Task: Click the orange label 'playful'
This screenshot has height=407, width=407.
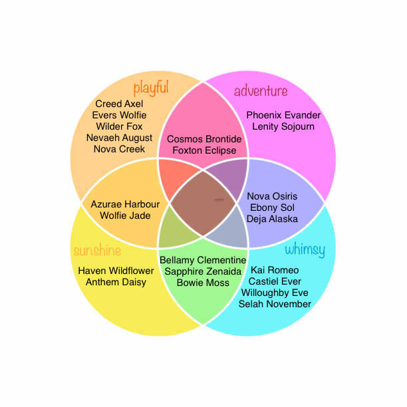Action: pyautogui.click(x=151, y=88)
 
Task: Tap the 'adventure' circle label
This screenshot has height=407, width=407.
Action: pyautogui.click(x=261, y=91)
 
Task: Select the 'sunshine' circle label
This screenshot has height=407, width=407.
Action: pyautogui.click(x=98, y=250)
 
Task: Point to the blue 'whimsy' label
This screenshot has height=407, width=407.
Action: pyautogui.click(x=305, y=249)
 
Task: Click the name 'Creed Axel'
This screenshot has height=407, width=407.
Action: pyautogui.click(x=119, y=104)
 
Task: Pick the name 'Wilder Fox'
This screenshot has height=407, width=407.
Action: pyautogui.click(x=119, y=126)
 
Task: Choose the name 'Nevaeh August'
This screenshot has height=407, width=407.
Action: pyautogui.click(x=119, y=138)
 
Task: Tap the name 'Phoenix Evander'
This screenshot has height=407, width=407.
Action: pyautogui.click(x=283, y=115)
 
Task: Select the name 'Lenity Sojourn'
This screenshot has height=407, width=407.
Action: pyautogui.click(x=283, y=126)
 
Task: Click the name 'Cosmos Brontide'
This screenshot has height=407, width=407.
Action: pyautogui.click(x=204, y=139)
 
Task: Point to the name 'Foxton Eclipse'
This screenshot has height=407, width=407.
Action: pyautogui.click(x=204, y=150)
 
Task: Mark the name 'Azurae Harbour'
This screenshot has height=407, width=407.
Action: pyautogui.click(x=125, y=204)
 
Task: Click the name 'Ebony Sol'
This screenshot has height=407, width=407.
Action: pyautogui.click(x=272, y=207)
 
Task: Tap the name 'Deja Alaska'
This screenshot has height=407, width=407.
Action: pyautogui.click(x=272, y=219)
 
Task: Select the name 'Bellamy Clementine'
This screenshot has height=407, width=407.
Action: pyautogui.click(x=203, y=260)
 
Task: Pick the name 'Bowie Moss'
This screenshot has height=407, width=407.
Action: pyautogui.click(x=203, y=283)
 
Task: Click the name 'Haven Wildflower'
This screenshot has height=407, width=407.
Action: pyautogui.click(x=116, y=271)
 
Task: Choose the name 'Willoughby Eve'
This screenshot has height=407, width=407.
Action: pyautogui.click(x=275, y=293)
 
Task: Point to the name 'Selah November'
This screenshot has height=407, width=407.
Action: pyautogui.click(x=275, y=304)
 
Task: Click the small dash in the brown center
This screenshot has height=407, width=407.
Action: pyautogui.click(x=219, y=200)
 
